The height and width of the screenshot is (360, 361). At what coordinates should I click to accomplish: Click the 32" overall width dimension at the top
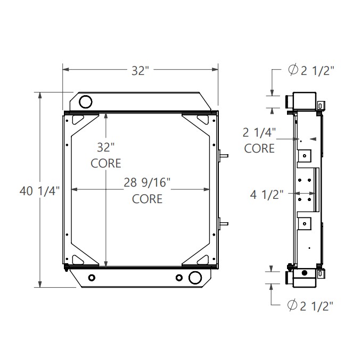(x=140, y=71)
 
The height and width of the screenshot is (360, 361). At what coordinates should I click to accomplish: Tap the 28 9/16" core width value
(x=147, y=183)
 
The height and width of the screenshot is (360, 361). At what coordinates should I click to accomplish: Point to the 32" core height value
(x=105, y=146)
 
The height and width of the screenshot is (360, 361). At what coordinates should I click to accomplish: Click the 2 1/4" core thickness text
(x=260, y=132)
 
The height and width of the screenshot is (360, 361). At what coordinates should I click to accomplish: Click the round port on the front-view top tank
(x=85, y=102)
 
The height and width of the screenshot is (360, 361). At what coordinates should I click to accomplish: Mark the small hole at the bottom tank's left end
(x=93, y=278)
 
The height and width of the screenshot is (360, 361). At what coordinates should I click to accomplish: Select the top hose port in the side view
(x=289, y=101)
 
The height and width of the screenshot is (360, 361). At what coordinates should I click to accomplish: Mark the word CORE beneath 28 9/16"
(x=147, y=199)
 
